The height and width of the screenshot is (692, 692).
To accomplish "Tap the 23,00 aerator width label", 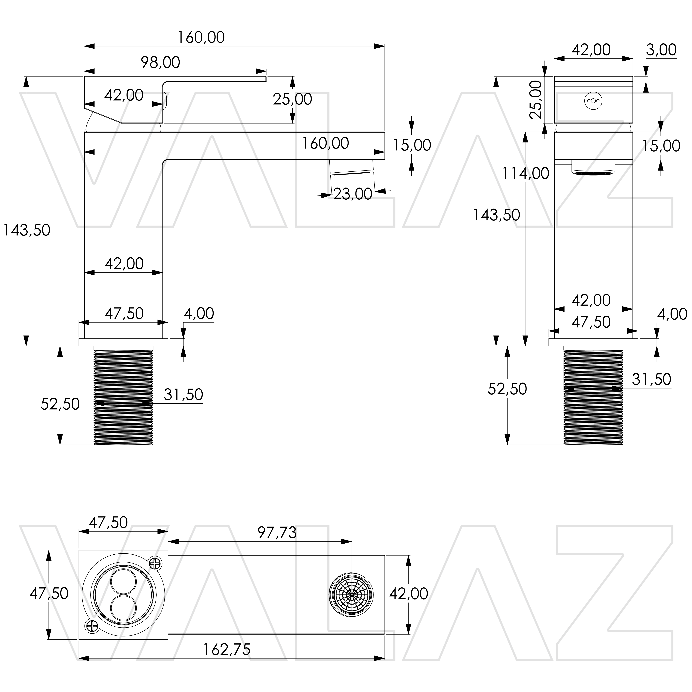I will point(352,194).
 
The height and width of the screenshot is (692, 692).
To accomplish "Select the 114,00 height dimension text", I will point(525,174).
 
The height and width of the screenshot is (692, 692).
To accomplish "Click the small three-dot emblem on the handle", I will point(593,101).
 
